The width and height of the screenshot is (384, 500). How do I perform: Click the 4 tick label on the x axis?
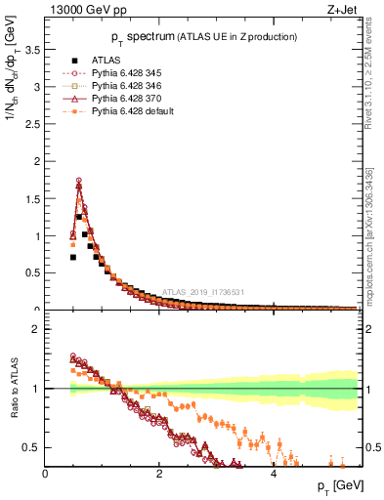pyautogui.click(x=273, y=474)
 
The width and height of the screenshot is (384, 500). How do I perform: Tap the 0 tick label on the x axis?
pyautogui.click(x=45, y=474)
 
